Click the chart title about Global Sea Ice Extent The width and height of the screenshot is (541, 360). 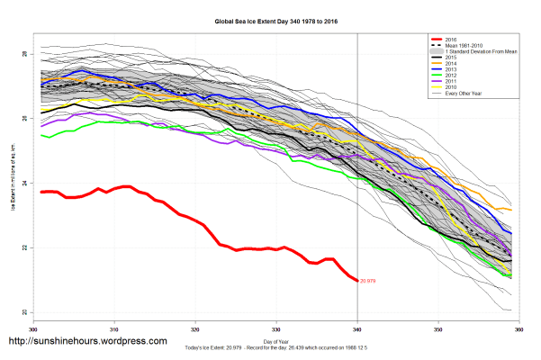click(270, 19)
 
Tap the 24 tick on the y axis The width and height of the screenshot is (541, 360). click(25, 183)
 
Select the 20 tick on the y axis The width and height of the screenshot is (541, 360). click(25, 312)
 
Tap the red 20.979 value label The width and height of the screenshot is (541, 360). click(367, 282)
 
